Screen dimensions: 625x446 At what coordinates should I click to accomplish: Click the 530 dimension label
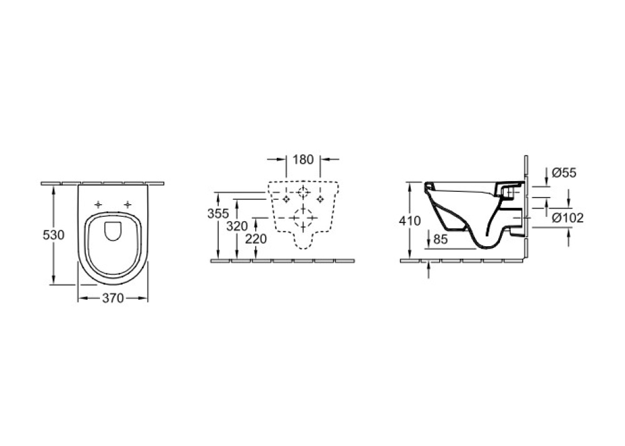[x=53, y=235]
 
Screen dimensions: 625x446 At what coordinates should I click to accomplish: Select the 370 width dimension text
[x=112, y=298]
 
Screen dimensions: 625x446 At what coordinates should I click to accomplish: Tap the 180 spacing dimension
[x=303, y=160]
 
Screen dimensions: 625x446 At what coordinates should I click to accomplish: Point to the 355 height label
[x=218, y=214]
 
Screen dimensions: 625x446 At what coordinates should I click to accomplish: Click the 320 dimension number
[x=237, y=226]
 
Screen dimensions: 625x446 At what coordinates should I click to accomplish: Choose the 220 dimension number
[x=256, y=239]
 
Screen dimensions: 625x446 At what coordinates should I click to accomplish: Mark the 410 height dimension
[x=410, y=221]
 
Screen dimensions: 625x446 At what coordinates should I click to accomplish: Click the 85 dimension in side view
[x=440, y=239]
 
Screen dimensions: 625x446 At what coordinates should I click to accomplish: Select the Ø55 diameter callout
[x=564, y=173]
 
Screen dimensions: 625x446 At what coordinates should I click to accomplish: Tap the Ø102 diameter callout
[x=567, y=218]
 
